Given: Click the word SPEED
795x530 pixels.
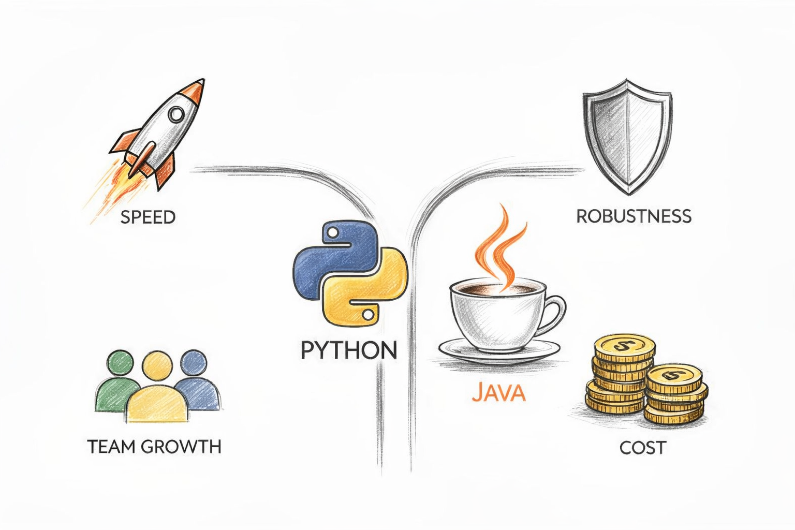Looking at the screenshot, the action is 148,217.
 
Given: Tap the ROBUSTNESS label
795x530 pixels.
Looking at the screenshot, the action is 634,216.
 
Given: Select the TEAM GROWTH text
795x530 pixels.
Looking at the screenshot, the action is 154,446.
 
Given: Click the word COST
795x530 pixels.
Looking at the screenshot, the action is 642,447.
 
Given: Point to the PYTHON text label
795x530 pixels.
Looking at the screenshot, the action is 349,351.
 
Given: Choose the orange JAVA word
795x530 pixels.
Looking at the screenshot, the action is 498,392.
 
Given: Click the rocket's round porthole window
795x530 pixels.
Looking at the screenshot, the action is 176,114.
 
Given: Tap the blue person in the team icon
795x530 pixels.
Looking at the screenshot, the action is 196,383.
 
